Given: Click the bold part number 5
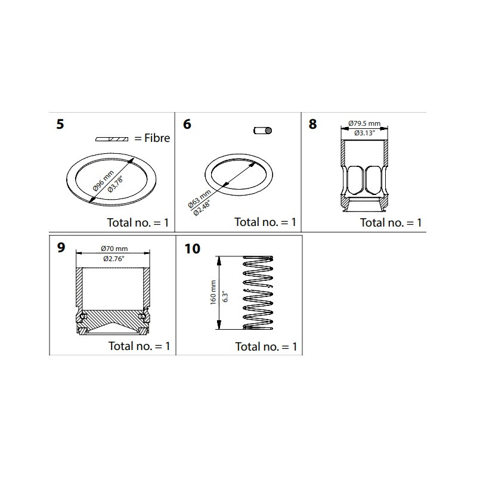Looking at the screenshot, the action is click(x=60, y=124).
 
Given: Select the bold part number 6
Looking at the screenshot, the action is click(x=187, y=124).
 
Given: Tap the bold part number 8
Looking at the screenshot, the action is click(x=312, y=124).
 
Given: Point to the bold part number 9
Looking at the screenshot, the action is click(x=61, y=247).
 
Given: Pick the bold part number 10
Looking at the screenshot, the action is click(x=192, y=249).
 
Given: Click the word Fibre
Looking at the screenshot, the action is click(x=157, y=138).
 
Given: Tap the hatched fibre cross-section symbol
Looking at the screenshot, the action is click(x=111, y=139).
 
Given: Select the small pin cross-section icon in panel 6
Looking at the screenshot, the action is click(x=262, y=131).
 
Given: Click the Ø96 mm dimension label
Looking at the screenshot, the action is click(x=103, y=181).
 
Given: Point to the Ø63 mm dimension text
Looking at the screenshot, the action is click(x=200, y=199).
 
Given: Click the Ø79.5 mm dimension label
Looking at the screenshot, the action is click(x=364, y=123).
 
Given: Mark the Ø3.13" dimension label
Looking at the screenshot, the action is click(x=364, y=133).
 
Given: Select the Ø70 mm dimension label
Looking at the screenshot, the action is click(x=114, y=249).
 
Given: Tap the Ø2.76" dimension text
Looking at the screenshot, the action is click(x=114, y=259).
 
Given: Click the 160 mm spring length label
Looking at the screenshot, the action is click(x=213, y=292).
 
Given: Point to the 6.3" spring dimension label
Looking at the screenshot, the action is click(x=225, y=297).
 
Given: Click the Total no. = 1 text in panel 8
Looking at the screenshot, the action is click(x=391, y=222).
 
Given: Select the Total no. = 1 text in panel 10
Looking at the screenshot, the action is click(x=266, y=346).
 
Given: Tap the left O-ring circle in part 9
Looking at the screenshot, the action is click(x=82, y=317).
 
